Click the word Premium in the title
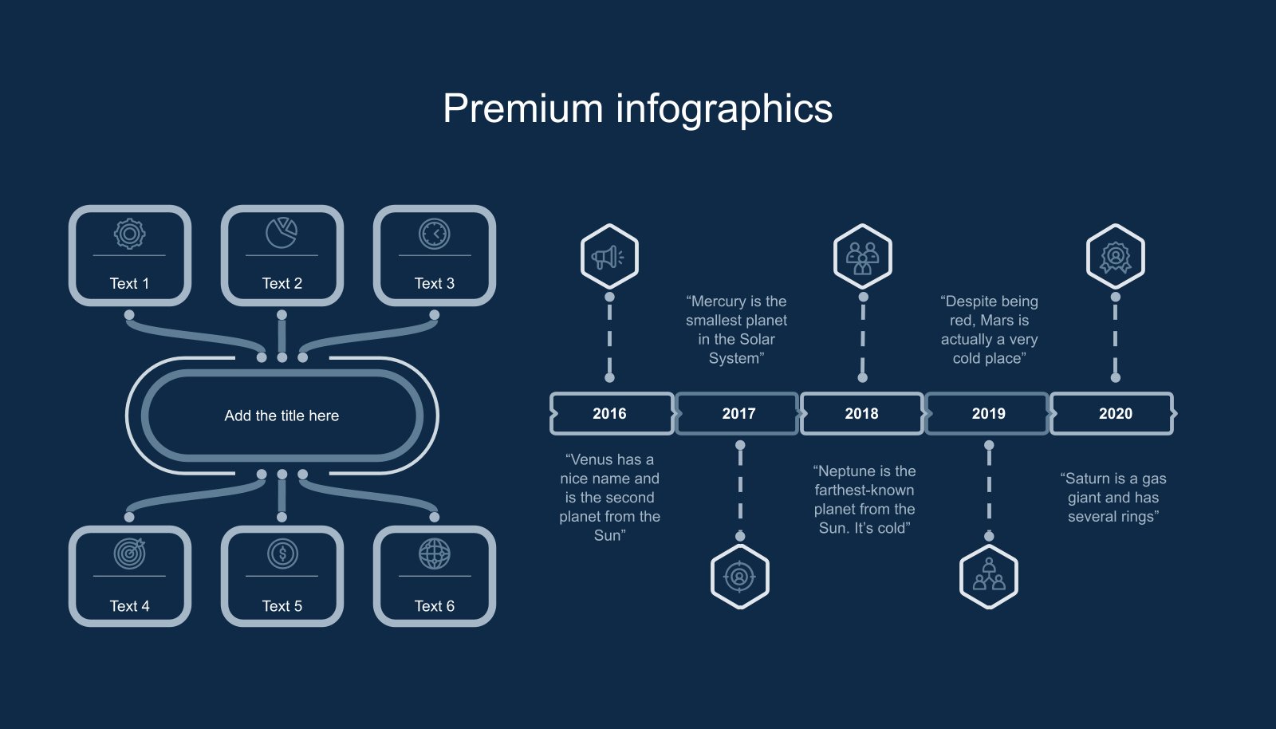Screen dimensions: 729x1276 (x=522, y=109)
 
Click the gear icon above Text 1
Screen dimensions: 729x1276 (x=129, y=234)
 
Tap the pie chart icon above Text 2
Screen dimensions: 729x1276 (x=282, y=233)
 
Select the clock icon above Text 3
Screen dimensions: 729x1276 (x=435, y=234)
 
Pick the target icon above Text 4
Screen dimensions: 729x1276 (x=129, y=553)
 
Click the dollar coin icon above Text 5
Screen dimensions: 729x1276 (x=282, y=553)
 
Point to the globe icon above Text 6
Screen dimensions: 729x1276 (x=435, y=553)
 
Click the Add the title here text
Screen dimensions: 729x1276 (x=282, y=416)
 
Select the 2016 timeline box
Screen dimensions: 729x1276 (x=610, y=413)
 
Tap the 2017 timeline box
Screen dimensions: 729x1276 (x=738, y=413)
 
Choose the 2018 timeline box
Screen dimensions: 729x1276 (x=861, y=413)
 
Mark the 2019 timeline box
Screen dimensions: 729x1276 (x=988, y=413)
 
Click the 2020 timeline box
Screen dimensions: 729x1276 (x=1115, y=413)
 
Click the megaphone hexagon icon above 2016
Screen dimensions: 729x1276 (x=609, y=257)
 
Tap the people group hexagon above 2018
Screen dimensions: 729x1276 (x=862, y=257)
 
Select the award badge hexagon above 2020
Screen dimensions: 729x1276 (x=1115, y=257)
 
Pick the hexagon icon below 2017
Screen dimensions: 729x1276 (x=739, y=576)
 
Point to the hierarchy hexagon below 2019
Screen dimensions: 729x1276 (x=989, y=576)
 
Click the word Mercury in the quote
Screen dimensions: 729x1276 (x=718, y=301)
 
